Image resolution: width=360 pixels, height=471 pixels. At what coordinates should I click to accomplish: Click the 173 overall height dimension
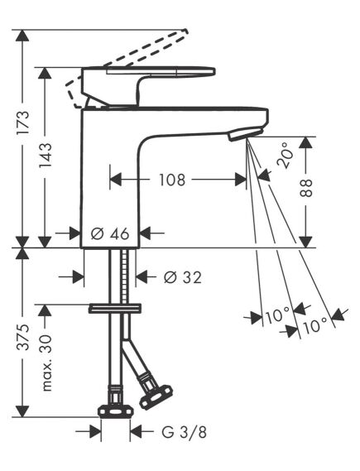pyautogui.click(x=23, y=123)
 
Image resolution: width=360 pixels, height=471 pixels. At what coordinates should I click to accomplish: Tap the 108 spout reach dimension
pyautogui.click(x=172, y=180)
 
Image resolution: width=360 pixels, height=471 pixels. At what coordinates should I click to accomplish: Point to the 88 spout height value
pyautogui.click(x=306, y=189)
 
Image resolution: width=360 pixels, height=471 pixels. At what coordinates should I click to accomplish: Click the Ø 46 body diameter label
pyautogui.click(x=110, y=233)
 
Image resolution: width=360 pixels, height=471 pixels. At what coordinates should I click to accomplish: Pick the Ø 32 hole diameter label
pyautogui.click(x=182, y=277)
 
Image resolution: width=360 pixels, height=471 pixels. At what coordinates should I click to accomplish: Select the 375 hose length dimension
pyautogui.click(x=23, y=337)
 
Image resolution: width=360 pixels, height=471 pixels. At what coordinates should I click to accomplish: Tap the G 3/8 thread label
pyautogui.click(x=184, y=433)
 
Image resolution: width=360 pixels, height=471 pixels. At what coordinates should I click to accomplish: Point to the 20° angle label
pyautogui.click(x=285, y=155)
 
